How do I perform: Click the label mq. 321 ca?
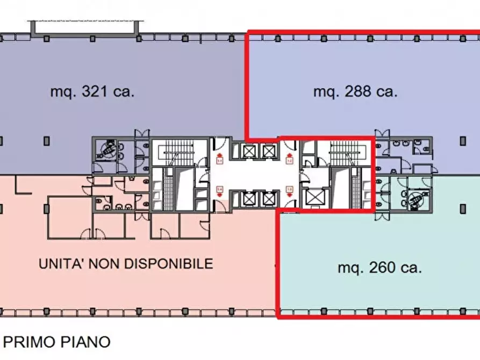coord(92,91)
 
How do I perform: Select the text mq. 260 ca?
coord(379,267)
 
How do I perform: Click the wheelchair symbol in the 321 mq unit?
coord(109,149)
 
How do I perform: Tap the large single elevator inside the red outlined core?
coord(314,198)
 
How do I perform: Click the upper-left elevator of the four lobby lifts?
coord(248,150)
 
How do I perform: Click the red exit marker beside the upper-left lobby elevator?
coord(219,159)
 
